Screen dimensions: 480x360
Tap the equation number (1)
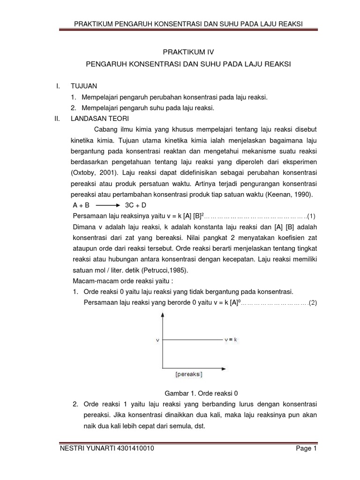click(x=312, y=216)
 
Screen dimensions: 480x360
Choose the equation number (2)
click(x=312, y=302)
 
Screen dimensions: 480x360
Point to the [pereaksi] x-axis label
click(x=190, y=375)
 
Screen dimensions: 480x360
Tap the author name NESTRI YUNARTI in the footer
click(x=82, y=449)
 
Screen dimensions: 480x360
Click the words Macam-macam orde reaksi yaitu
click(x=118, y=281)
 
